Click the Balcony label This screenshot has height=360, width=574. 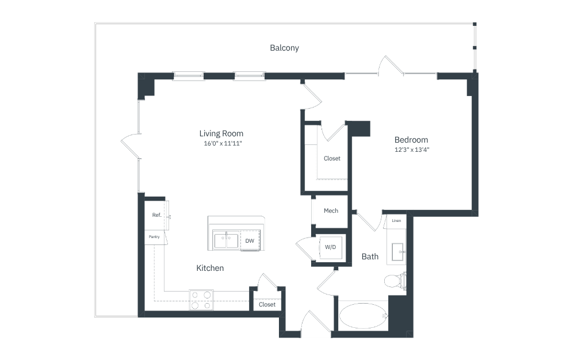[285, 48]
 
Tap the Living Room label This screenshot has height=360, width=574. [221, 133]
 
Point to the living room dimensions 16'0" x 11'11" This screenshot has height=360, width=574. [223, 143]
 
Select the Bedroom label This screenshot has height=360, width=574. [411, 140]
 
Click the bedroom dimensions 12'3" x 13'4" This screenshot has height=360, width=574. [412, 150]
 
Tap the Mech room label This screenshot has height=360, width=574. [331, 210]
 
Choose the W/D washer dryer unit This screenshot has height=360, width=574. [331, 247]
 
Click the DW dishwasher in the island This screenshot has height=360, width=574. [250, 240]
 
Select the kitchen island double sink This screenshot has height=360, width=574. [227, 240]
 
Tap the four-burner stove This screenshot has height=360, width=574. [201, 300]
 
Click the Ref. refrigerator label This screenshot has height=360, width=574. [156, 215]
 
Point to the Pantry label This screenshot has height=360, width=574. [154, 237]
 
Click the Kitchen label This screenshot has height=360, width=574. [210, 268]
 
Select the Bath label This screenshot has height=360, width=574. [370, 256]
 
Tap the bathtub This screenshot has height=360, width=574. [363, 316]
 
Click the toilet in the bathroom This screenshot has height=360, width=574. [395, 281]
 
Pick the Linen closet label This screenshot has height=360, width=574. [396, 221]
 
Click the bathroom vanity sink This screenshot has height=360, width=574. [398, 252]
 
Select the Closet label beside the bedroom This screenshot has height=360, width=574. [332, 158]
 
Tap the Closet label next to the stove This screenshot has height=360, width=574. [267, 304]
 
